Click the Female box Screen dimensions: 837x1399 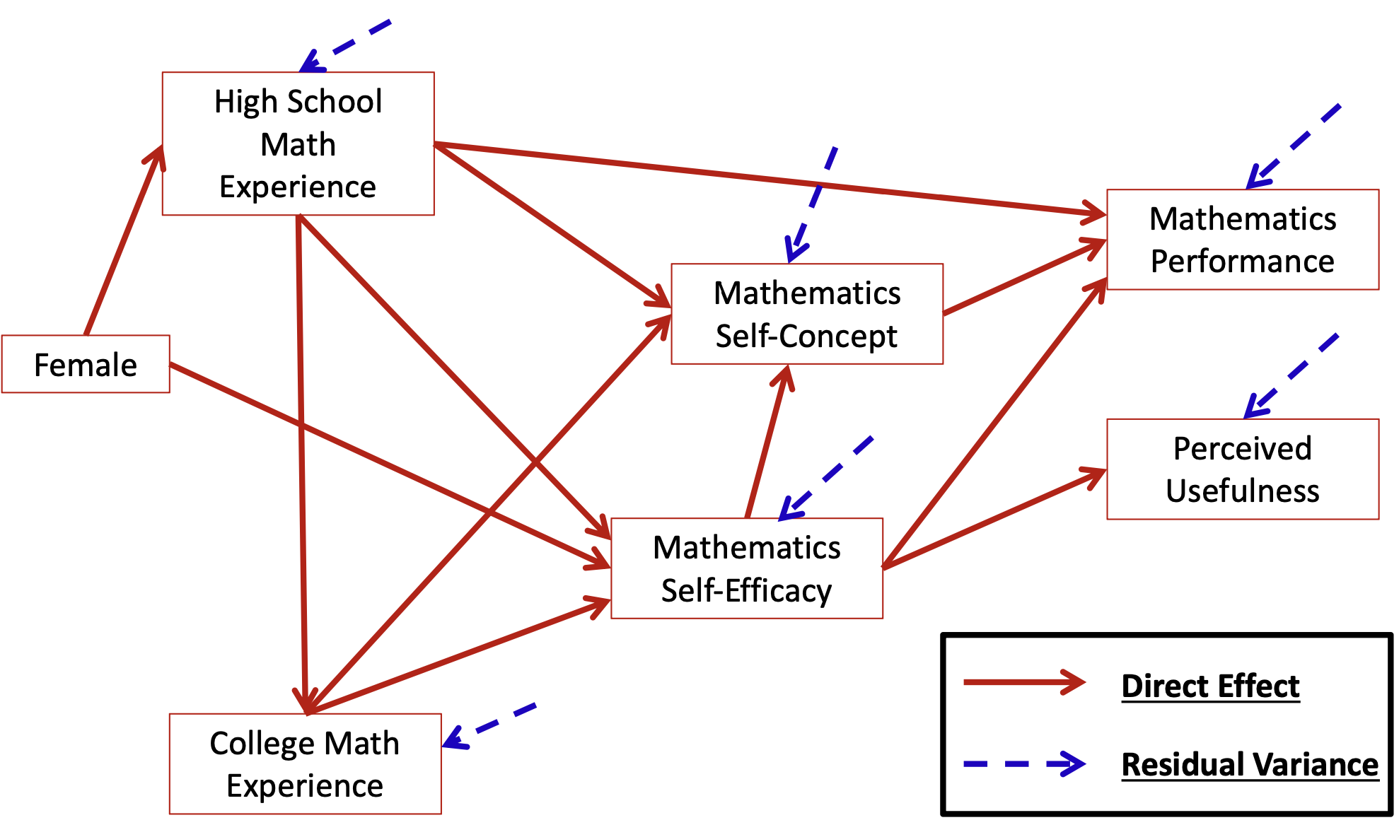[x=86, y=364]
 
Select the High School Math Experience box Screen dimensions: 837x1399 [x=298, y=144]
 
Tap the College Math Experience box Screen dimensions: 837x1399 [x=305, y=763]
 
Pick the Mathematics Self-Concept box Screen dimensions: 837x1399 [x=806, y=314]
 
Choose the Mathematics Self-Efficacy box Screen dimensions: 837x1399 [x=746, y=568]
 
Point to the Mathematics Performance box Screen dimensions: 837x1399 [x=1242, y=240]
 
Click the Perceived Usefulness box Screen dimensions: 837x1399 [x=1242, y=469]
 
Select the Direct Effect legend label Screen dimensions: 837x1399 [x=1210, y=686]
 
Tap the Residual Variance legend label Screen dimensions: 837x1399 [x=1250, y=764]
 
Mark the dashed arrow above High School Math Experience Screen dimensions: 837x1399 [x=347, y=45]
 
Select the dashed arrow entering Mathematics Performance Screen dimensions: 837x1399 [x=1294, y=146]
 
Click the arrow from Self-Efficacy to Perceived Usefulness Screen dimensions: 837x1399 [x=994, y=518]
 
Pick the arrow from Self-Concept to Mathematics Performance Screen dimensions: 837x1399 [x=1024, y=277]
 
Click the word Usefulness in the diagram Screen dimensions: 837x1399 [x=1242, y=491]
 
